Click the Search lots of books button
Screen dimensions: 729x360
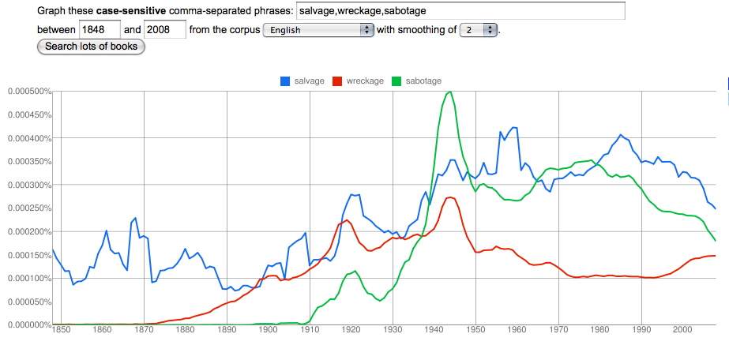(91, 47)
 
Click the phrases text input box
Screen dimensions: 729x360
(460, 11)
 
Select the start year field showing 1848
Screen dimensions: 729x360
(100, 30)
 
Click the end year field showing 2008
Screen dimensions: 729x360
(165, 30)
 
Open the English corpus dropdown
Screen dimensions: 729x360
(318, 30)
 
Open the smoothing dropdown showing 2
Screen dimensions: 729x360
(479, 30)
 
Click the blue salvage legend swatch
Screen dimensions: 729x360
(285, 81)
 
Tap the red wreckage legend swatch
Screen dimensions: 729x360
(337, 81)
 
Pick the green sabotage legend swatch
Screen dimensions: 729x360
(396, 81)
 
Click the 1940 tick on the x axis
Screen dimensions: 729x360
(434, 329)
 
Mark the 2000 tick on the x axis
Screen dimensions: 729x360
(683, 329)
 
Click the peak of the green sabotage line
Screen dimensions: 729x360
(450, 92)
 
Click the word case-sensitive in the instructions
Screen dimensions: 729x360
(131, 11)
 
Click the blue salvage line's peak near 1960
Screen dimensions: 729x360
(513, 127)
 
